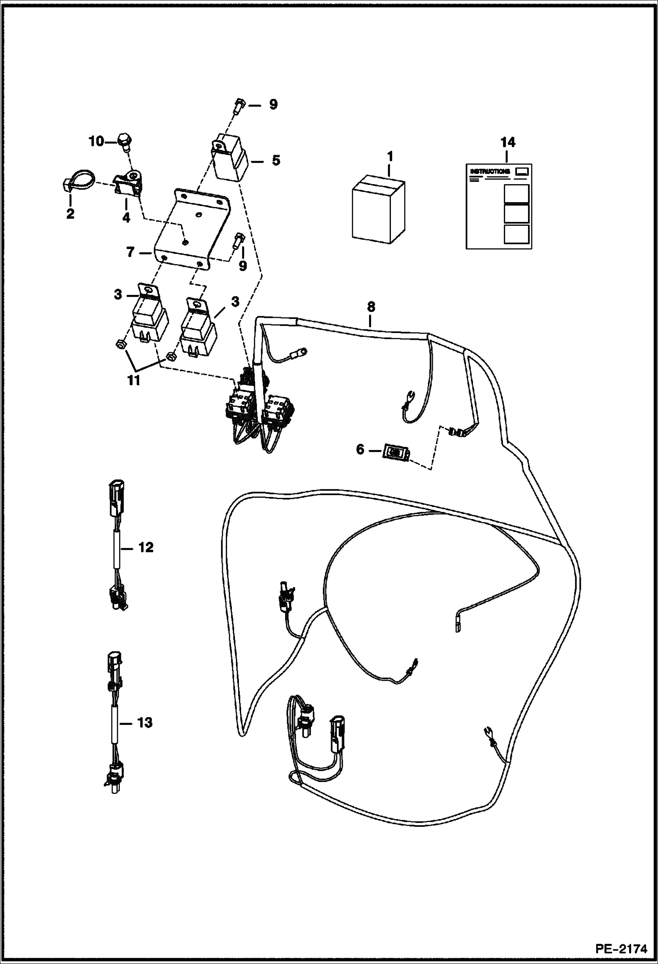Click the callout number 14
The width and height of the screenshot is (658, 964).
(x=507, y=142)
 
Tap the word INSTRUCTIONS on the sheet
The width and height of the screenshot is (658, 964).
(x=490, y=171)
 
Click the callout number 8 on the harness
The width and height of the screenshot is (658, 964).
(x=371, y=307)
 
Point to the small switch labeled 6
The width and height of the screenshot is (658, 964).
(x=397, y=453)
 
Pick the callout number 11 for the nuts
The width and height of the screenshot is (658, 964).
(x=134, y=381)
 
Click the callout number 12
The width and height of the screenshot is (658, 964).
(x=146, y=547)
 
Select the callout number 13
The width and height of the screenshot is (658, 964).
(x=145, y=722)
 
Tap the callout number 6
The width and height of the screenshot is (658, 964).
(x=360, y=450)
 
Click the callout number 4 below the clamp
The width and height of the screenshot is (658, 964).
(x=127, y=217)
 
